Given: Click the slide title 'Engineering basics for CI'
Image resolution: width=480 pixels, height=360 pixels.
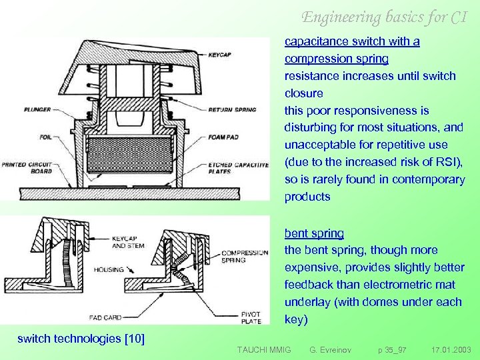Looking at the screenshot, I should coord(383,17).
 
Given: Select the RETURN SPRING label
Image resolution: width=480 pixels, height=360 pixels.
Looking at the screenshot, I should coord(232,109).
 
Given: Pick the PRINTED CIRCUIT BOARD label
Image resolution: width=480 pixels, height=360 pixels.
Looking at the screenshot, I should coord(27,167).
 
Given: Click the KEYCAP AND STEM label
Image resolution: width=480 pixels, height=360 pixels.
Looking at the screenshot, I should coord(128,242).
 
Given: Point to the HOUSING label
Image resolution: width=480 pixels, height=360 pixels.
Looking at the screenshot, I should coord(109,269).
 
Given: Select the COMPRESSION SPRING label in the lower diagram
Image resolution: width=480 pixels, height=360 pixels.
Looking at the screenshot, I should coord(244,257).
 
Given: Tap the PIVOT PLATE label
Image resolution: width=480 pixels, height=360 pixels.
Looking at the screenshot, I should coord(252,317).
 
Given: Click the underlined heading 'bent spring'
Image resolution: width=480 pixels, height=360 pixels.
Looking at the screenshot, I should coord(314,233).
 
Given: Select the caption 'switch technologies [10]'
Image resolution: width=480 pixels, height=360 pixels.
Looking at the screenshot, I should coord(81,338).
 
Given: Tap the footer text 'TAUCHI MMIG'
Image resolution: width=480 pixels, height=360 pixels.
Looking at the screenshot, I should coord(264,349).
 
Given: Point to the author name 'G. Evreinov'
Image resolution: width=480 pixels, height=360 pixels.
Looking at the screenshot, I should coord(331,349).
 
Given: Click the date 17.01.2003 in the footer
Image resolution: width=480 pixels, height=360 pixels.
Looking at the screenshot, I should coord(451,349).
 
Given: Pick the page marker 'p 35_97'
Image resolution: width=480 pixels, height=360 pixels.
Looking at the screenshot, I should coord(392,349).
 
